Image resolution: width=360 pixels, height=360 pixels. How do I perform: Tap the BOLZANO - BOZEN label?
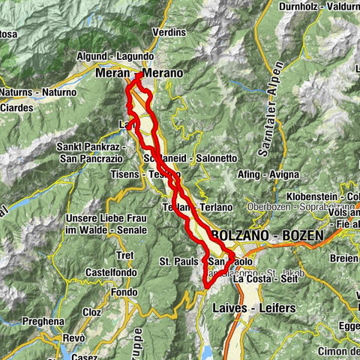tap(268, 235)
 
